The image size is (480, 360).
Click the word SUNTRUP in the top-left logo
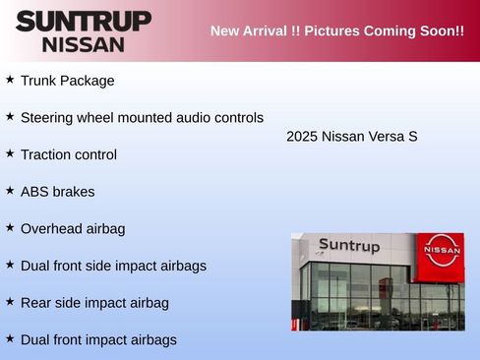[x=84, y=21]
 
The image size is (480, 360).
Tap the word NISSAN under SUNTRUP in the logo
[x=84, y=44]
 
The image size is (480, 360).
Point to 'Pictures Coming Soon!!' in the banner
[x=385, y=30]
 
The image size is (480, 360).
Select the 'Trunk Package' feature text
[x=67, y=81]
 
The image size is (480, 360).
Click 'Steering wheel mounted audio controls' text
[x=142, y=117]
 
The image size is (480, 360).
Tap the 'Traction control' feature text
[x=69, y=154]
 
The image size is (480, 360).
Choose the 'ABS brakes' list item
[x=57, y=192]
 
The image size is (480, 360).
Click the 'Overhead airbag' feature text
[x=73, y=228]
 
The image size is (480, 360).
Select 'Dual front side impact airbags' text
[x=113, y=266]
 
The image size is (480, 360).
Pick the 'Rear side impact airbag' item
[x=94, y=303]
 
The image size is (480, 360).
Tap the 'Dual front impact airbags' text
[x=98, y=339]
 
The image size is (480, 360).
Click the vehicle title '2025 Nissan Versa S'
[x=352, y=136]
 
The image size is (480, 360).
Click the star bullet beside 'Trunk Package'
[x=10, y=79]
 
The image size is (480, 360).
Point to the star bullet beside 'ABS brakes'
[x=10, y=190]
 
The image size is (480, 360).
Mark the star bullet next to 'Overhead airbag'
[x=10, y=226]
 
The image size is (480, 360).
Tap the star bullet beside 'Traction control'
[x=10, y=152]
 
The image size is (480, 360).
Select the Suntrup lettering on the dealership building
[x=349, y=246]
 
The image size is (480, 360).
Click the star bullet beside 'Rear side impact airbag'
[x=10, y=301]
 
